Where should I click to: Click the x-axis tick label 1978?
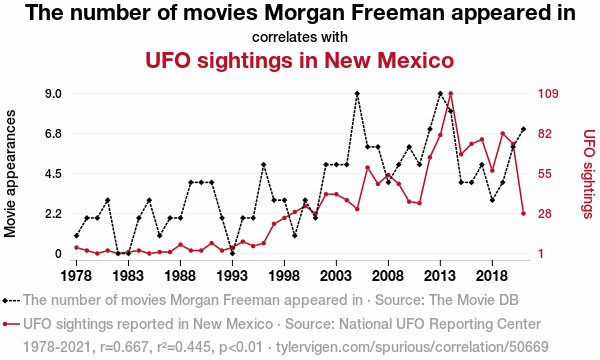(77, 275)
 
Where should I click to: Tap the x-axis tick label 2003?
(336, 275)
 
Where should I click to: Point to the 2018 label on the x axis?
(492, 275)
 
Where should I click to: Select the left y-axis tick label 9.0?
(54, 94)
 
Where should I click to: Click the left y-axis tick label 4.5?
(54, 174)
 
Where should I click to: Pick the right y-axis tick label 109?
(548, 94)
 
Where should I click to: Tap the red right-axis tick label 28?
(545, 213)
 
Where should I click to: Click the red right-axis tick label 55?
(545, 174)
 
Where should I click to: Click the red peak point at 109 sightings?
(451, 94)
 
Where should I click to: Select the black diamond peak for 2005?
(357, 94)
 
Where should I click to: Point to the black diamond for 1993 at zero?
(232, 253)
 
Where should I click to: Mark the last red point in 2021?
(523, 213)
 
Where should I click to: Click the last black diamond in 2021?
(523, 129)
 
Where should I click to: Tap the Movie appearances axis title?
(10, 174)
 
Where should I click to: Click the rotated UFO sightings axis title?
(589, 174)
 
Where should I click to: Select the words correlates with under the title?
(300, 37)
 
